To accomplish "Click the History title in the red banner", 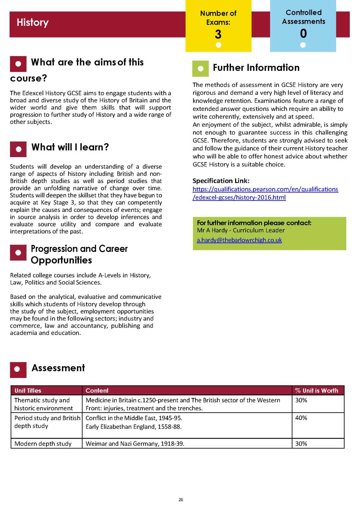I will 32,22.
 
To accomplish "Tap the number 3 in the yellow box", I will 218,34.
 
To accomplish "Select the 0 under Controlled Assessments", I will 303,33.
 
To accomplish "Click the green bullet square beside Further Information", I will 200,68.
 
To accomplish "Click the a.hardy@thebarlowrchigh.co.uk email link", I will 239,240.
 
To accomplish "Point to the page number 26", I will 181,499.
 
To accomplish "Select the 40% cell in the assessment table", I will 301,418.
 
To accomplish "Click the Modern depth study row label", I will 43,443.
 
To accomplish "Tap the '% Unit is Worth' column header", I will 316,390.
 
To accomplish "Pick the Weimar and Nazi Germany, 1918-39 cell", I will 135,443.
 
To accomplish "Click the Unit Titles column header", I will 28,390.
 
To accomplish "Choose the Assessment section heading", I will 58,368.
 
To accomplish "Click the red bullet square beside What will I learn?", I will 18,149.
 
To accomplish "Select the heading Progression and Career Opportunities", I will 79,254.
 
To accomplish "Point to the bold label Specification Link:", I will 221,181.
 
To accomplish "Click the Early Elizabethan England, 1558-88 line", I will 134,427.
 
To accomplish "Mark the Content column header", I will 97,390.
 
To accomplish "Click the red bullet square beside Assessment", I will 18,369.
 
